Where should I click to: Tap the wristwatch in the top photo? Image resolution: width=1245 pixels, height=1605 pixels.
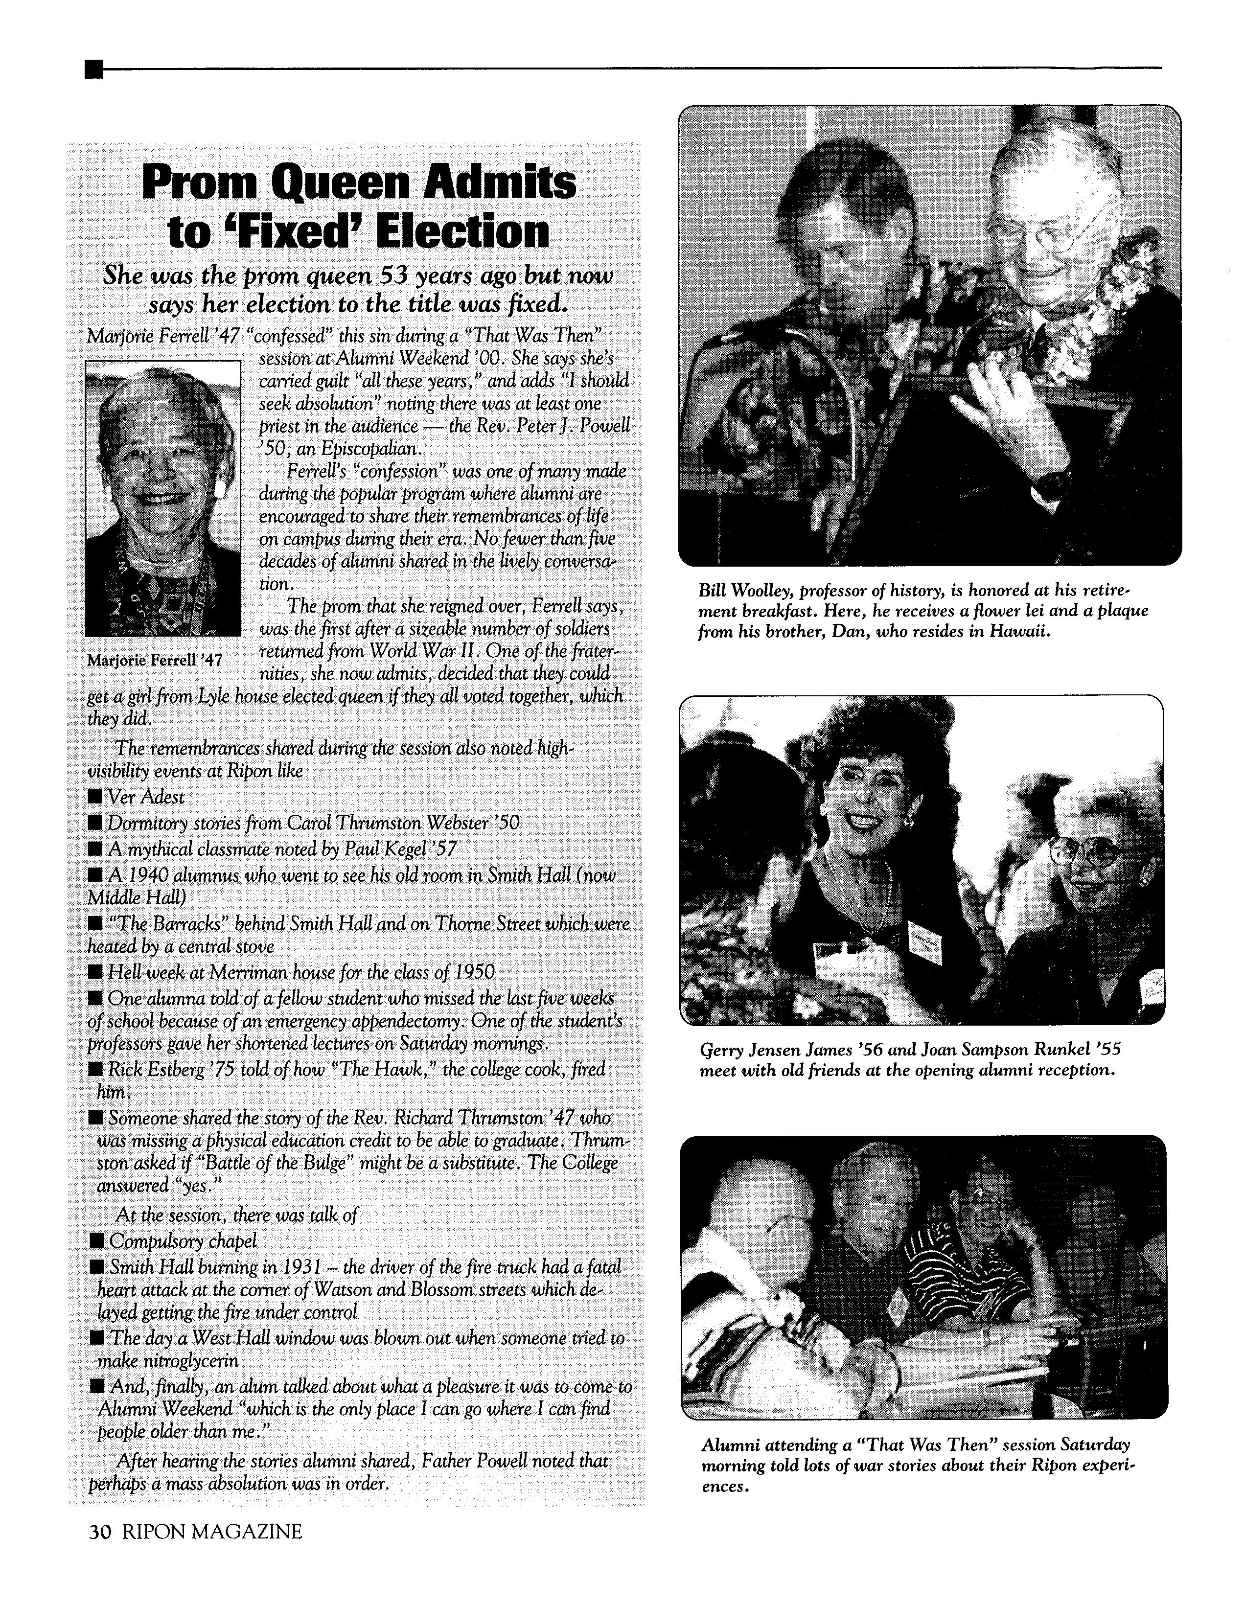[x=1053, y=486]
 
